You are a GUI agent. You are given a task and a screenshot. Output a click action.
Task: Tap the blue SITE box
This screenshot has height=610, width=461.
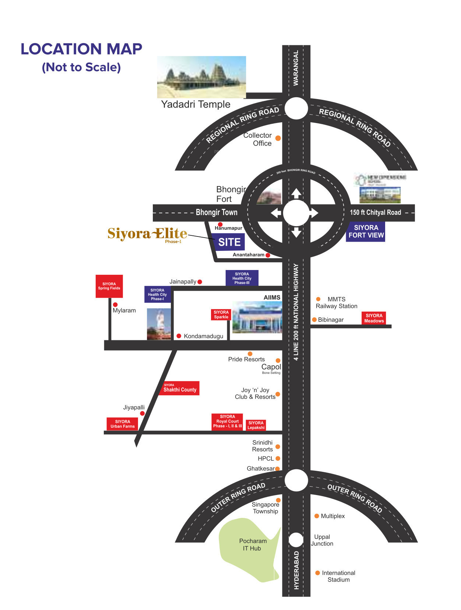coord(229,242)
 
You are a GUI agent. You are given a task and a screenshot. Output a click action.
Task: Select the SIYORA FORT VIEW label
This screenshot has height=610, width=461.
coord(366,232)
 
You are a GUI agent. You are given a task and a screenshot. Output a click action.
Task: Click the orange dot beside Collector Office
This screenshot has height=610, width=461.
coord(278,138)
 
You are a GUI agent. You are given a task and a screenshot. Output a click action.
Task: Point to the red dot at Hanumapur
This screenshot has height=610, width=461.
coord(220,224)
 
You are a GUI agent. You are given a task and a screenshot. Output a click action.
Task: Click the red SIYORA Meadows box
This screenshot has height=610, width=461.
coord(374,318)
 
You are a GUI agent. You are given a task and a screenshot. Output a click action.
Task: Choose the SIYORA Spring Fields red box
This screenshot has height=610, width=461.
coord(109,286)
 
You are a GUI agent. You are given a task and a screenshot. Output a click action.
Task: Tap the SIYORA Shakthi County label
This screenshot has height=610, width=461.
coord(179,388)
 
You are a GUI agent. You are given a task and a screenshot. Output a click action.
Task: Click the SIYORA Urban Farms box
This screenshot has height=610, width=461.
coord(122,424)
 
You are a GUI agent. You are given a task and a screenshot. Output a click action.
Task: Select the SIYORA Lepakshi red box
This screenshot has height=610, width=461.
coord(256,425)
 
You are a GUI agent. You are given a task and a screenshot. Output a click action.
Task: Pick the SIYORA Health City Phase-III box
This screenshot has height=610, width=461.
coord(242,278)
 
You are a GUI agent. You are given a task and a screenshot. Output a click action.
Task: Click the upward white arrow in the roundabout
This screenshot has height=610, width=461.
coord(296,193)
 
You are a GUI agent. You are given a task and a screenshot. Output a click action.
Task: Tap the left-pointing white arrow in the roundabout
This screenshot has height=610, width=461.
coord(276,213)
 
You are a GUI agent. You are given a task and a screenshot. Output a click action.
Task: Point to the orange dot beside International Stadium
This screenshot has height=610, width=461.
coord(317,573)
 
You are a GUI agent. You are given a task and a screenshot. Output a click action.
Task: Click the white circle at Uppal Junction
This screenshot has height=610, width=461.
coord(296,540)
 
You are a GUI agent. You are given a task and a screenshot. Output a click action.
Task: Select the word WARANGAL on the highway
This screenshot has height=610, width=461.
coord(296,68)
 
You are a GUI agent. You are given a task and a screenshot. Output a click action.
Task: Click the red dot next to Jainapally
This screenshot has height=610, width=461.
coord(200,282)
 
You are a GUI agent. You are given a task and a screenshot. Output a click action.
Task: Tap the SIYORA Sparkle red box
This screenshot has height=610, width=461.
coord(221,315)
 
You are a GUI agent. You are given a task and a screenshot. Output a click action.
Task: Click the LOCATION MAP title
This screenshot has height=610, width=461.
coord(81,49)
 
